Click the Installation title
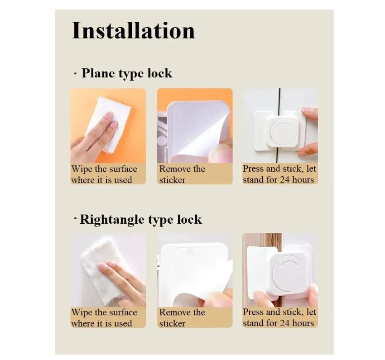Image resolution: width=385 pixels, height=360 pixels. [133, 31]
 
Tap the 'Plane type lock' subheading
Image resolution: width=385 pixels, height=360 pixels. [127, 73]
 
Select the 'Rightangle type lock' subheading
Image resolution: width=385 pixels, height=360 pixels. [141, 219]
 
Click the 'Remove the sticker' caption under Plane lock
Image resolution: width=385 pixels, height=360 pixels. [182, 174]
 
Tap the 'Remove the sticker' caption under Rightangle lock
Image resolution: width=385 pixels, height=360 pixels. [182, 317]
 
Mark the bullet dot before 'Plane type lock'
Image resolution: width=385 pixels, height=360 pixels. [75, 74]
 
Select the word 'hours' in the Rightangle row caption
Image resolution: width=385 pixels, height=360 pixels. [303, 323]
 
